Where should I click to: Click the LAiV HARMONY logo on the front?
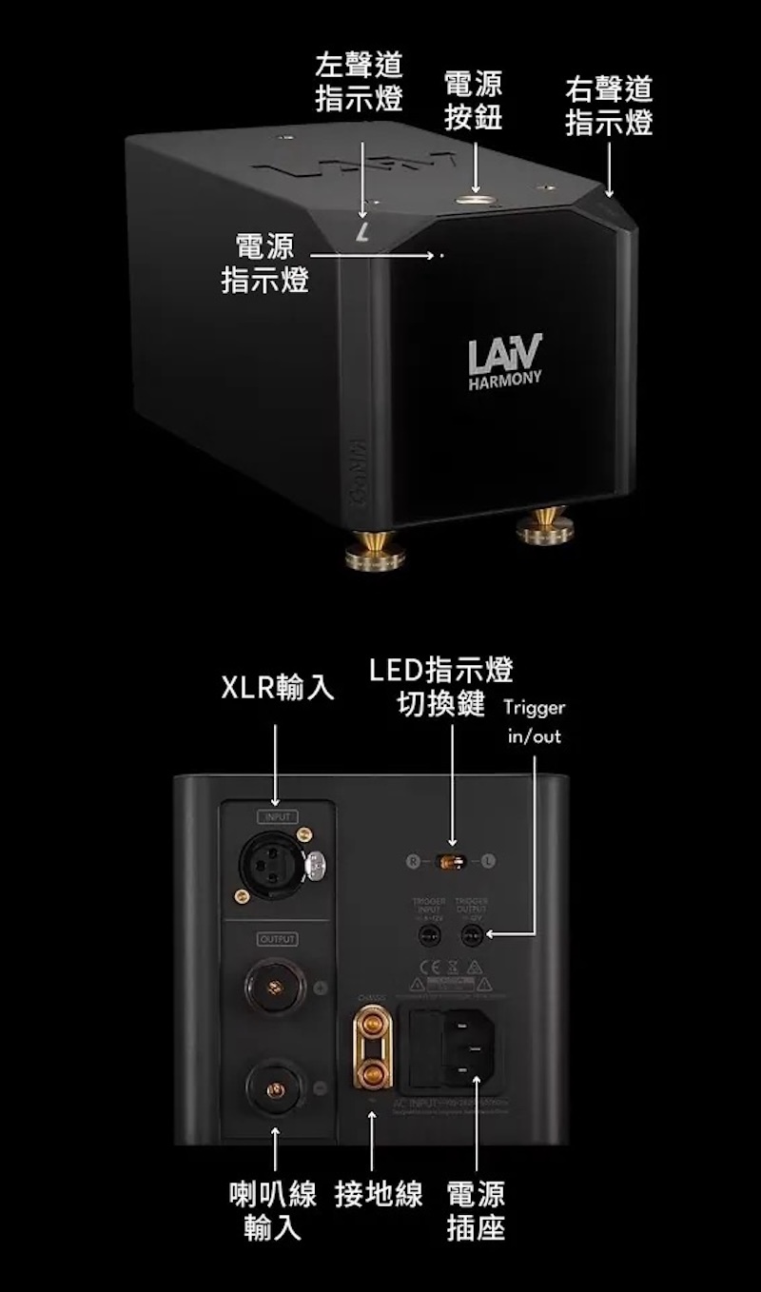click(x=505, y=360)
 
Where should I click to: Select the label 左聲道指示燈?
click(x=359, y=83)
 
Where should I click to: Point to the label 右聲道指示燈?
click(x=609, y=107)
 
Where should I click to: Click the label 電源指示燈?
click(x=265, y=264)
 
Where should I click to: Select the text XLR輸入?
click(x=278, y=688)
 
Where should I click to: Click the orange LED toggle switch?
click(x=451, y=862)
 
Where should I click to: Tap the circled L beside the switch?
click(x=488, y=862)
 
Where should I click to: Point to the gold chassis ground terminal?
click(x=372, y=1047)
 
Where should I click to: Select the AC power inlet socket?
click(x=466, y=1047)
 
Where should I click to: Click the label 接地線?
click(x=379, y=1194)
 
